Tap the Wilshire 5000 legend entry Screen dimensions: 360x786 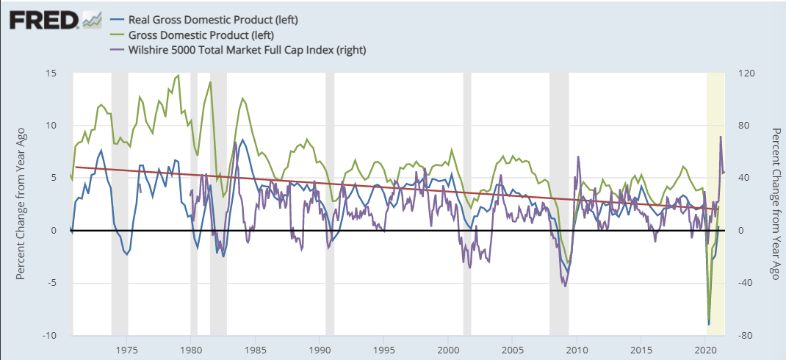(247, 50)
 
